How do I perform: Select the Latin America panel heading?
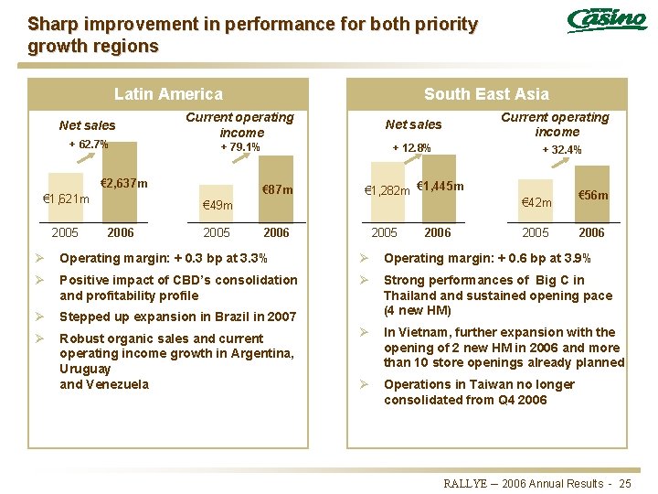168,94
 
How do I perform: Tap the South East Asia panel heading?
486,94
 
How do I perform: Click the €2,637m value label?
123,184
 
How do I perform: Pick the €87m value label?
277,190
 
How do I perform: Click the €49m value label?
217,206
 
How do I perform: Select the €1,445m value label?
440,187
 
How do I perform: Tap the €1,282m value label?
387,191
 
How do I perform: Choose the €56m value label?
593,196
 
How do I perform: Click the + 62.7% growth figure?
89,145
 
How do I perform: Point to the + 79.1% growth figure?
240,147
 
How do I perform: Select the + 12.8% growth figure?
411,147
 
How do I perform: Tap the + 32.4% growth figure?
561,150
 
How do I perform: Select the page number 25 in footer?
625,483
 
